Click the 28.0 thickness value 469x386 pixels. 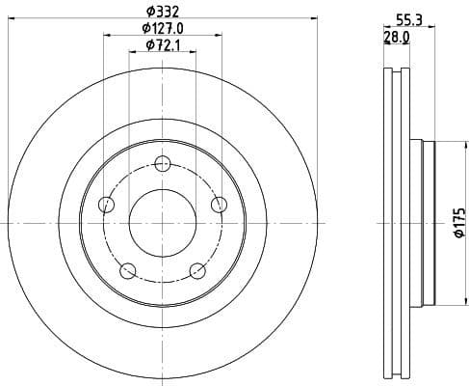tap(397, 37)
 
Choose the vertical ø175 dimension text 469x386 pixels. tap(459, 224)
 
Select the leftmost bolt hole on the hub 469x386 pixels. tap(107, 204)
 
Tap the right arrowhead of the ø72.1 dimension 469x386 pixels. tap(195, 55)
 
